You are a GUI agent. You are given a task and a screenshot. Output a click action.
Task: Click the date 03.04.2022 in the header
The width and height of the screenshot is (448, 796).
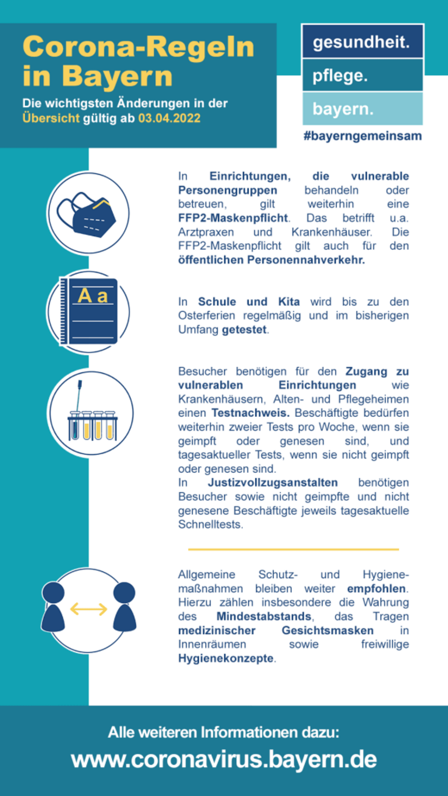(x=169, y=118)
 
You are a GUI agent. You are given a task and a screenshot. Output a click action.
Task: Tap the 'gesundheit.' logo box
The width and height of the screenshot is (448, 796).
(x=362, y=42)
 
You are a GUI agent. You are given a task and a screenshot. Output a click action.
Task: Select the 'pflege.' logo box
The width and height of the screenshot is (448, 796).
(x=362, y=75)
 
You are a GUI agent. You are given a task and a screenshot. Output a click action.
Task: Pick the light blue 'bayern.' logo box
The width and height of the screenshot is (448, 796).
(x=362, y=108)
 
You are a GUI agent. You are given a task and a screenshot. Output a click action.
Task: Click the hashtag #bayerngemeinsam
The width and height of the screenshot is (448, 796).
(x=362, y=136)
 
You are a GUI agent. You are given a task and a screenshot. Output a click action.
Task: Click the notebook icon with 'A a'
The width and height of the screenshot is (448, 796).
(x=89, y=311)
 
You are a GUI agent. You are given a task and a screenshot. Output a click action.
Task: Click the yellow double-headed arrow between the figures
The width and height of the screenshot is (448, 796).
(x=89, y=609)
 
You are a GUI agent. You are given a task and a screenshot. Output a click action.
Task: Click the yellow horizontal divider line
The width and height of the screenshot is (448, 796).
(x=293, y=549)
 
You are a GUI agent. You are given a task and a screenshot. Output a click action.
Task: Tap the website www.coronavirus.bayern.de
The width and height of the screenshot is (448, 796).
(x=224, y=759)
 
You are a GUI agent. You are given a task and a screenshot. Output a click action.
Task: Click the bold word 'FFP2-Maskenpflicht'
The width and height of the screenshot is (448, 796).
(x=233, y=218)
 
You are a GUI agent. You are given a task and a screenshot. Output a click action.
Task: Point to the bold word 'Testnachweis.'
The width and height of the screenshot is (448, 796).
(x=250, y=413)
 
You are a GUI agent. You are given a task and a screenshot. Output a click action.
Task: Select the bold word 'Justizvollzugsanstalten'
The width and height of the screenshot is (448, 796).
(x=273, y=482)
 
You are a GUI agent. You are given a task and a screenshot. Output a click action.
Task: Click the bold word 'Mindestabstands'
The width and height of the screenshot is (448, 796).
(x=264, y=616)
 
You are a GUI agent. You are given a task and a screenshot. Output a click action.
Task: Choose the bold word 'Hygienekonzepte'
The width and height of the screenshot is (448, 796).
(x=226, y=658)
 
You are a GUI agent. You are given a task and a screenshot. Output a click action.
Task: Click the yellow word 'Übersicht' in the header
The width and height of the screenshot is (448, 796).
(x=51, y=118)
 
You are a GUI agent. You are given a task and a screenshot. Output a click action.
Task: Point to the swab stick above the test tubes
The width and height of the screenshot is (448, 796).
(x=79, y=394)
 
